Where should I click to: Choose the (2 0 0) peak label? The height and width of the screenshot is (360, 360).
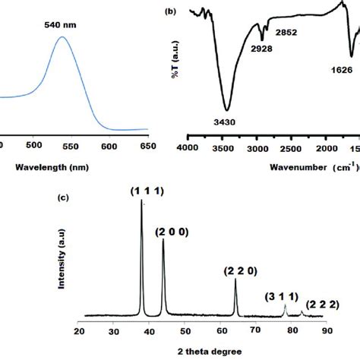pos(172,231)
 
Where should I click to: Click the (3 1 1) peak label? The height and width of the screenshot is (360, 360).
pos(283,297)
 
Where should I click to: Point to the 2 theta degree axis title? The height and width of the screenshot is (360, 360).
pos(201,351)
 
